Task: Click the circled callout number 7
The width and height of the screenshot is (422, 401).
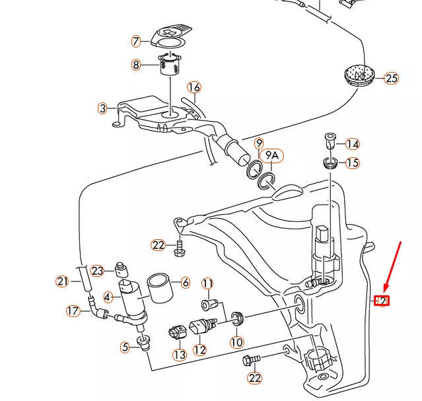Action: pos(137,42)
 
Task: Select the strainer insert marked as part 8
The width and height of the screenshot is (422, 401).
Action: pos(171,66)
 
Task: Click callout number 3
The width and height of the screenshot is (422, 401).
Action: pos(102,108)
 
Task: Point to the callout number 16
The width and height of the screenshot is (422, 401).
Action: pos(193,87)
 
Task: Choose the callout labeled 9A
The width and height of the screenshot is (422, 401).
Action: pos(273,157)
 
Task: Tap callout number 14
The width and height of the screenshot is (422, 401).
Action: pos(353,144)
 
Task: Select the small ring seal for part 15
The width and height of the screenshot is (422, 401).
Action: pos(330,163)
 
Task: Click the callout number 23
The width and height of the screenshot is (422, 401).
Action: pos(98,270)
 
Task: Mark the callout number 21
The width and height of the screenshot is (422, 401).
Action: pos(62,281)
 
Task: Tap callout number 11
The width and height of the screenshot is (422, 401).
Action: pos(208,284)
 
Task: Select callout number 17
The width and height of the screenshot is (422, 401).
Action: pos(73,310)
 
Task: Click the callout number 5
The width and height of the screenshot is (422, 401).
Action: pos(124,346)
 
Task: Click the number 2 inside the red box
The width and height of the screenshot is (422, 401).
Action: pos(382,301)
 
